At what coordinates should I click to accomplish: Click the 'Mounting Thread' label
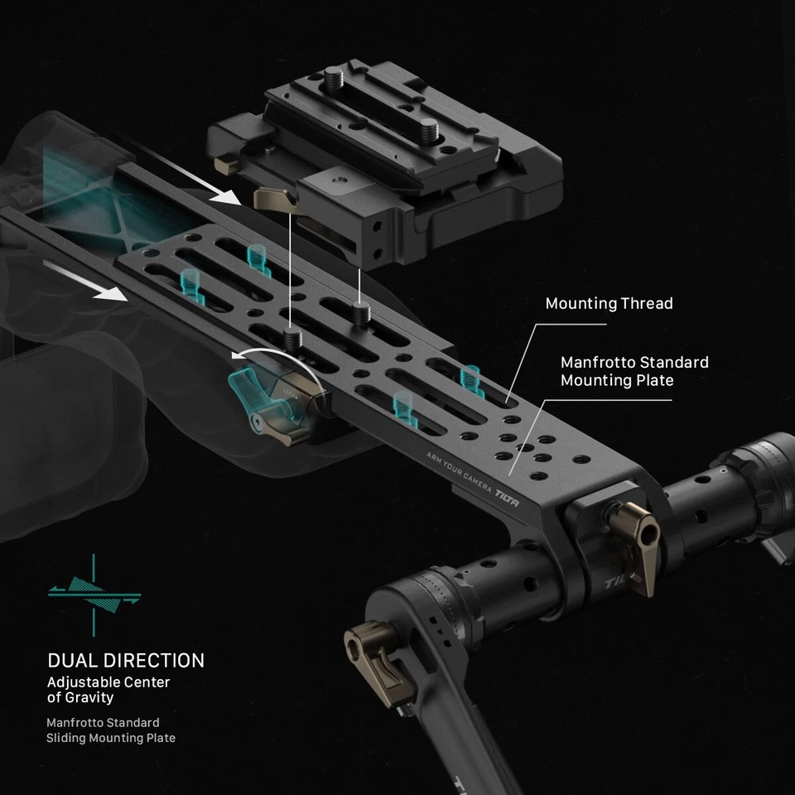pyautogui.click(x=609, y=304)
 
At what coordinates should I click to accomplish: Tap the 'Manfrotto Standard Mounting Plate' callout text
pyautogui.click(x=634, y=372)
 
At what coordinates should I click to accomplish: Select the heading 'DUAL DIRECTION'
pyautogui.click(x=126, y=661)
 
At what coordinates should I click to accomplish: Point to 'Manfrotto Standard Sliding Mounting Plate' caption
pyautogui.click(x=111, y=730)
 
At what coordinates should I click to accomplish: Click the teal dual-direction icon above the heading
pyautogui.click(x=94, y=590)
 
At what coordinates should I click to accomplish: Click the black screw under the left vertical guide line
pyautogui.click(x=291, y=338)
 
